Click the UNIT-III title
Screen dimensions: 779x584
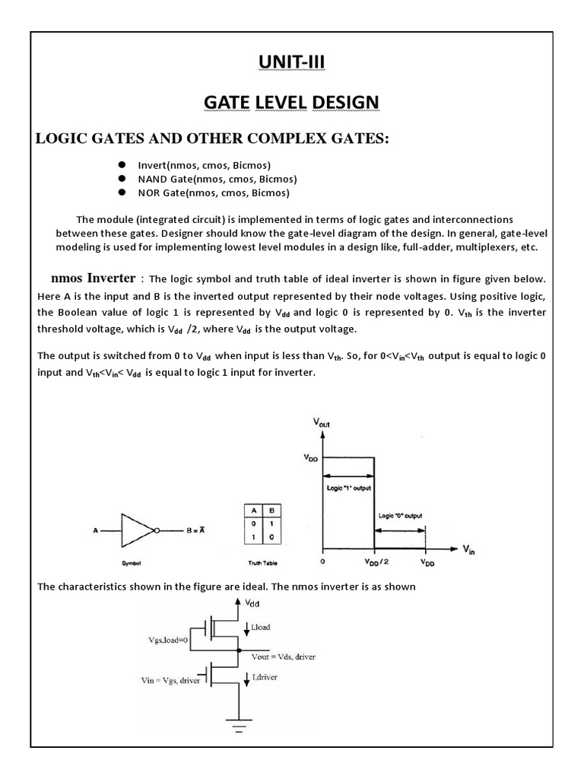(x=290, y=62)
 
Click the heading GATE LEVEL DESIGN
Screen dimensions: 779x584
(x=290, y=101)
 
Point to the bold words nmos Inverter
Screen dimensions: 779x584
(x=93, y=278)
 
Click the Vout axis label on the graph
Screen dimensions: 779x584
(x=322, y=421)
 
